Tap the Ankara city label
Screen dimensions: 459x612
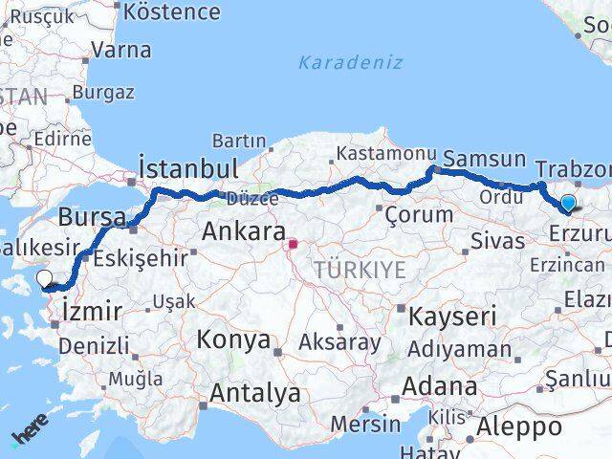click(243, 232)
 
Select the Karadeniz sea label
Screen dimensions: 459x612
click(350, 62)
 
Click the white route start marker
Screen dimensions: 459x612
click(44, 279)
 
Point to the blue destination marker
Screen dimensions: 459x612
click(568, 204)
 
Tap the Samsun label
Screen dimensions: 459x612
click(485, 160)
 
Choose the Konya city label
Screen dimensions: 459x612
click(233, 339)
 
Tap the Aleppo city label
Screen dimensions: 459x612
click(519, 426)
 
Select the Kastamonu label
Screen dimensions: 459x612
click(373, 153)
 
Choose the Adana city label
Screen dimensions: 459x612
click(441, 387)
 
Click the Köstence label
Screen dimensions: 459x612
click(172, 12)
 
